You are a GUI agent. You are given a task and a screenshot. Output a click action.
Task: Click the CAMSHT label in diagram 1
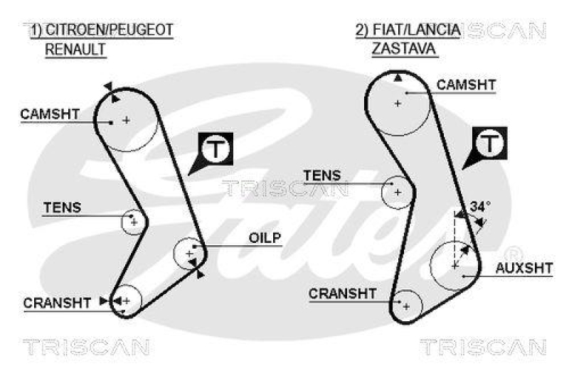pyautogui.click(x=49, y=114)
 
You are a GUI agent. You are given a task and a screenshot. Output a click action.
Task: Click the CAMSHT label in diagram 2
pyautogui.click(x=466, y=85)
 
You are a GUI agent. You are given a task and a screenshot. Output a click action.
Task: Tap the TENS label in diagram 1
pyautogui.click(x=63, y=208)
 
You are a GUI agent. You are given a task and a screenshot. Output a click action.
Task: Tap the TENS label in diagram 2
pyautogui.click(x=322, y=175)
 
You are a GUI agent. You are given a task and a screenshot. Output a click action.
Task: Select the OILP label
pyautogui.click(x=265, y=237)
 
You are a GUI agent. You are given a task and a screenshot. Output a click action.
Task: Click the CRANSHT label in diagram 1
pyautogui.click(x=58, y=303)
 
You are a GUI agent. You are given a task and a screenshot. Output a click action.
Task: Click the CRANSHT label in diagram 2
pyautogui.click(x=343, y=293)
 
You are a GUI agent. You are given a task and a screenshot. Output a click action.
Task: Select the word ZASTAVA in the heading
pyautogui.click(x=404, y=49)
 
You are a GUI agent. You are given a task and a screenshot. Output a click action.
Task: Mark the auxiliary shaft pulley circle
pyautogui.click(x=455, y=265)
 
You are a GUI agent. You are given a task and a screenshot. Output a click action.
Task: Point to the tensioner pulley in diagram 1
pyautogui.click(x=132, y=222)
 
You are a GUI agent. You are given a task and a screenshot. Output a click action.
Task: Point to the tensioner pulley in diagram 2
pyautogui.click(x=397, y=192)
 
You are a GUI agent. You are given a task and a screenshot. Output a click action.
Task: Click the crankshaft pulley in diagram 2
pyautogui.click(x=406, y=306)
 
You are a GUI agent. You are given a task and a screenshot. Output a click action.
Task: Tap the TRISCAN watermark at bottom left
pyautogui.click(x=86, y=347)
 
